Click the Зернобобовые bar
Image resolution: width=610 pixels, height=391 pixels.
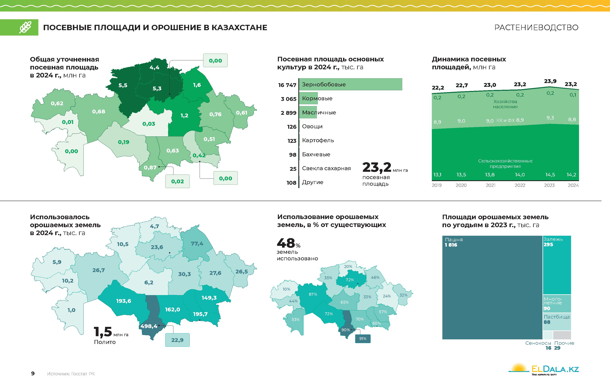pos(350,84)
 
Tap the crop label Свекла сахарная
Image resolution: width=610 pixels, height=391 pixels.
pos(326,168)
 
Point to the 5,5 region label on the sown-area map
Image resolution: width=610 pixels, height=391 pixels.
pos(123,85)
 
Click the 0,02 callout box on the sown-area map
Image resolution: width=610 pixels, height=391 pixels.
pos(177,181)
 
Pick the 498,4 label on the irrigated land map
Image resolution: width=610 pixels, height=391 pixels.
pos(149,326)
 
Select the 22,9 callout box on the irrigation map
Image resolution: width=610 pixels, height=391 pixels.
pos(177,340)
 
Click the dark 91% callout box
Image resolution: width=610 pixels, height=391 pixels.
pos(363,339)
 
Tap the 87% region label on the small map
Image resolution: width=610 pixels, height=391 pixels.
pos(313,294)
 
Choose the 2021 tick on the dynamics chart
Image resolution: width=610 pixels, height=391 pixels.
pos(490,185)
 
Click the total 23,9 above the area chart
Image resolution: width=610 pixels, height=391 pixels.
pos(550,81)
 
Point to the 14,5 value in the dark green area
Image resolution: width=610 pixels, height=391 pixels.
pos(550,175)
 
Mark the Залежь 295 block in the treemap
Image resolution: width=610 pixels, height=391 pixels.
pos(557,265)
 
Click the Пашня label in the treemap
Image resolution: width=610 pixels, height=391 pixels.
pos(454,240)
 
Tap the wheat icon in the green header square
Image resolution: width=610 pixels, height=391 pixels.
pos(25,27)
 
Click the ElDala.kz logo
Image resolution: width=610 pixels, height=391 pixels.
pos(544,369)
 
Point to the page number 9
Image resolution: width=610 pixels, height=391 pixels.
pos(33,373)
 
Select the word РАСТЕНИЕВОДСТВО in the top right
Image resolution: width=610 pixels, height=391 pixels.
pos(536,27)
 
